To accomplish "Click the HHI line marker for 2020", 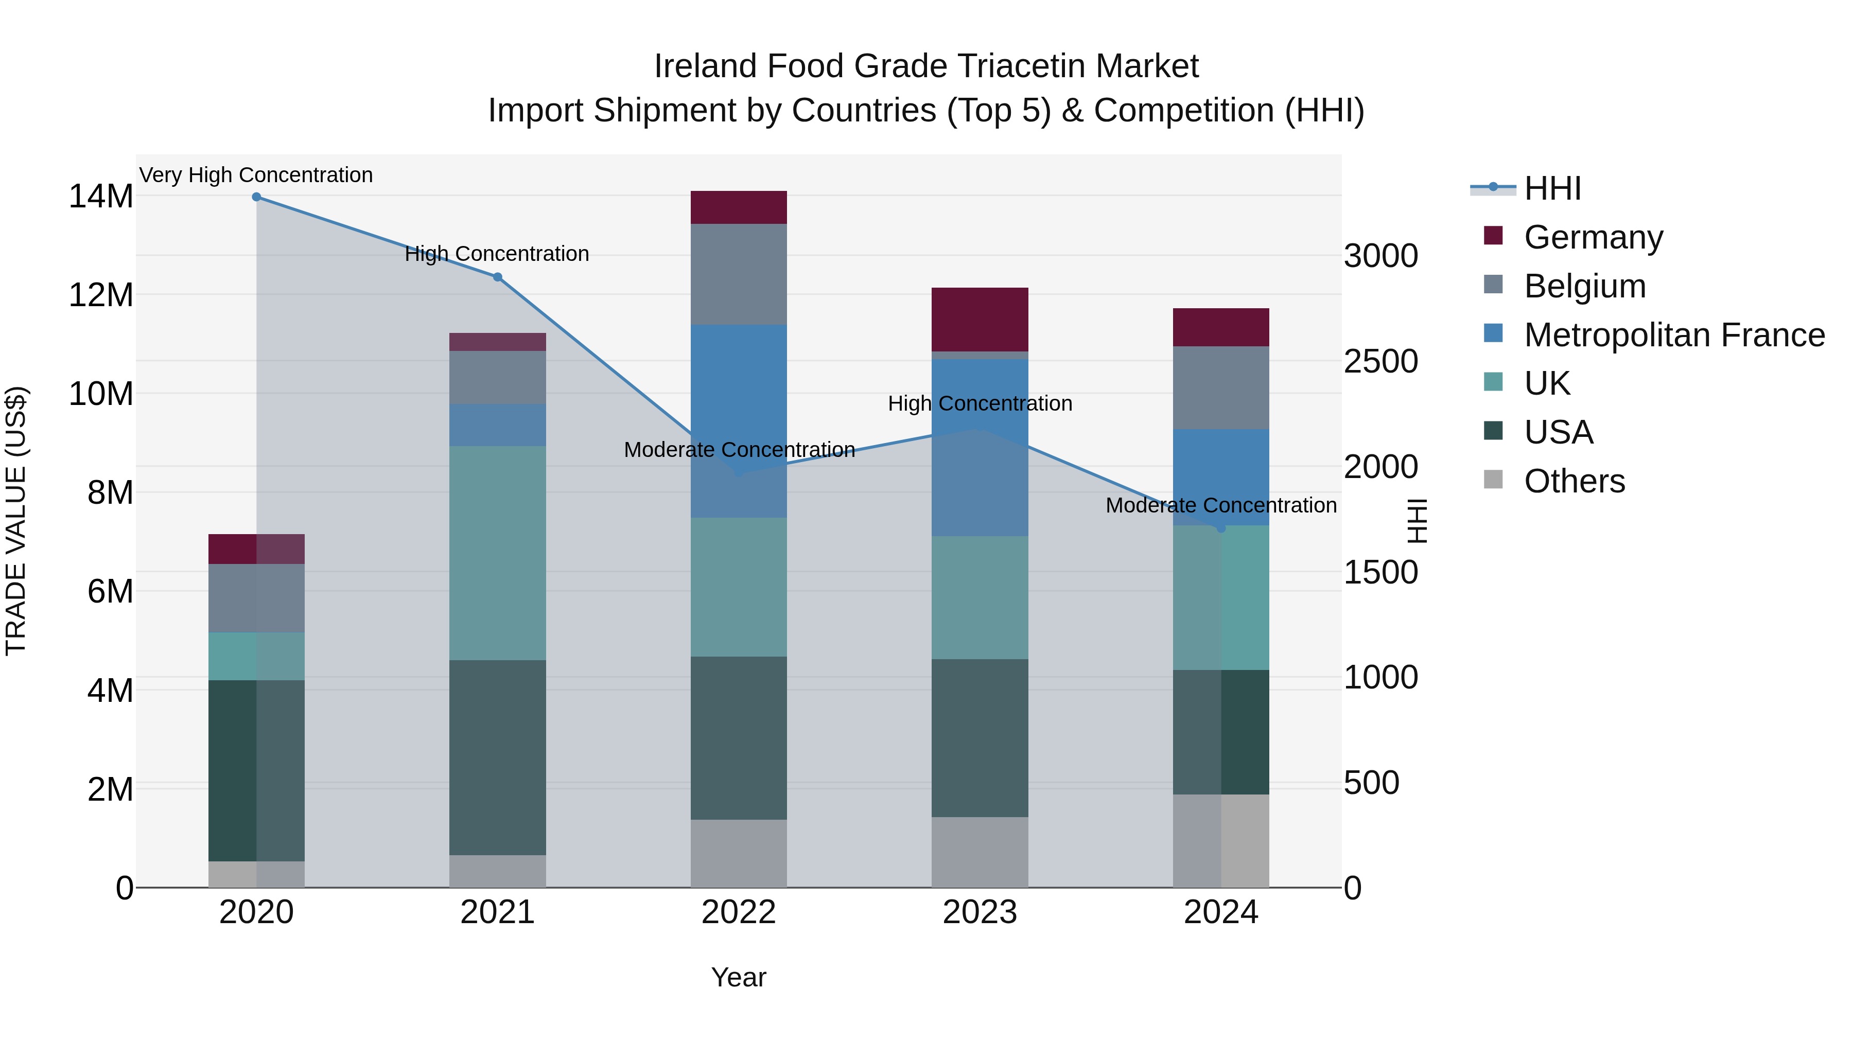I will tap(256, 197).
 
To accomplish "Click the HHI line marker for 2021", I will tap(497, 277).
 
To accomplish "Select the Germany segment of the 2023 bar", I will tap(980, 319).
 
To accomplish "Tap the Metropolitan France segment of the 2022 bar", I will tap(739, 421).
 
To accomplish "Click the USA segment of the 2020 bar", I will tap(256, 770).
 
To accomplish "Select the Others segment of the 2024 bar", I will tap(1221, 841).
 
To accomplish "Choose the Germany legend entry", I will tap(1593, 237).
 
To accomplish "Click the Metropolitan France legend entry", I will tap(1673, 335).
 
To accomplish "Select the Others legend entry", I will tap(1574, 481).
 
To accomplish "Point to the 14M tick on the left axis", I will tap(101, 197).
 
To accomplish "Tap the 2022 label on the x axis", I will tap(739, 912).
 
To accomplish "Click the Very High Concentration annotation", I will tap(256, 175).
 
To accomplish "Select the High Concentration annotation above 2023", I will tap(980, 403).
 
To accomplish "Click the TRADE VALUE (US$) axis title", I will tap(16, 521).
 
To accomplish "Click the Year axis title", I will tap(739, 977).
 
